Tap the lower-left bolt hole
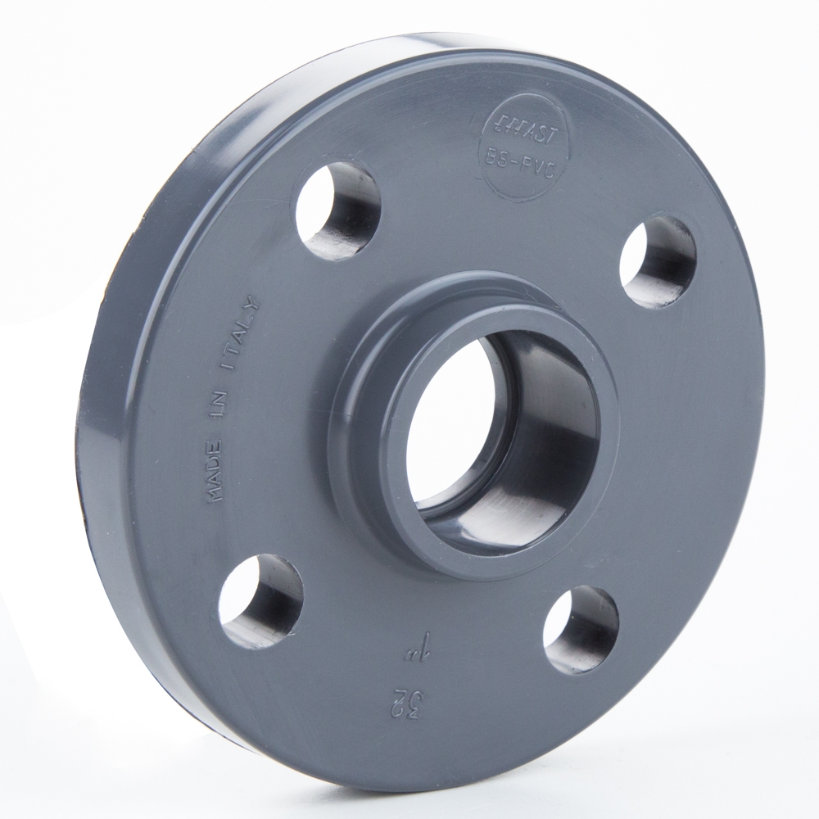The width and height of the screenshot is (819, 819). [x=260, y=600]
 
